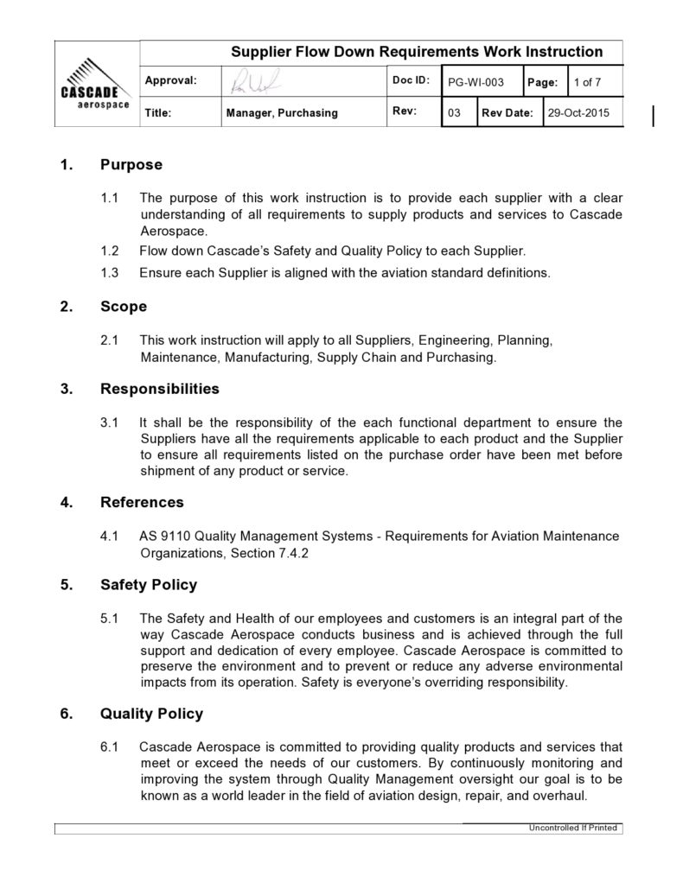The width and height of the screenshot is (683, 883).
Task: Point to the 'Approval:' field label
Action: click(171, 80)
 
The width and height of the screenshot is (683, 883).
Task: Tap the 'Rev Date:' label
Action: click(507, 113)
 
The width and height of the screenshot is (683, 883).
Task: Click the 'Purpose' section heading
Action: click(131, 164)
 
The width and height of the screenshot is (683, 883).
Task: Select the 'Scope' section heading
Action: click(124, 307)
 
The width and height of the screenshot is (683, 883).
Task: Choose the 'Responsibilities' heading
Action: click(159, 389)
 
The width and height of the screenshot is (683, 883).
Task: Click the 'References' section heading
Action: click(142, 502)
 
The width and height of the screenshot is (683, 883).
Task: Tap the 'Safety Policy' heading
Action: click(148, 585)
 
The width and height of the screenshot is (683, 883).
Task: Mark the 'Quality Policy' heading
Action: click(151, 714)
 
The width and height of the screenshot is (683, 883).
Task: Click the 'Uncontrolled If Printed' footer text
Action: click(573, 828)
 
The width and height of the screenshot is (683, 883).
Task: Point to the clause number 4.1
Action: click(109, 537)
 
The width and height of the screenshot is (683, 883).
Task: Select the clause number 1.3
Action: click(109, 273)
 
